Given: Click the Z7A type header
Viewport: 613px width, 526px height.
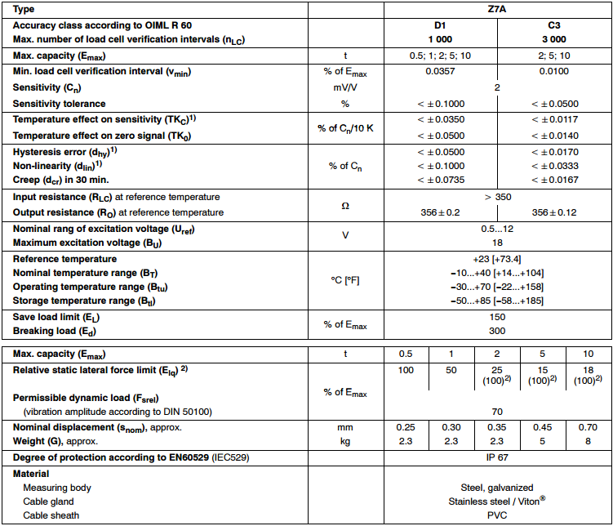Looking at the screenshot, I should click(x=497, y=9).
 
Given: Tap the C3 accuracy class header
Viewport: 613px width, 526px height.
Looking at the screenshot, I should click(x=554, y=26).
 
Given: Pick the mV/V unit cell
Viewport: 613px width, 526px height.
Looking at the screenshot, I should click(x=344, y=87).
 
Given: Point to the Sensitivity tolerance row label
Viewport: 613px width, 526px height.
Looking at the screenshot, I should click(x=60, y=104).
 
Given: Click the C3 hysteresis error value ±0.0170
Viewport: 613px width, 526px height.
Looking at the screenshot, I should click(x=554, y=152).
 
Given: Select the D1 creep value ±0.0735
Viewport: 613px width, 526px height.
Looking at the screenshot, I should click(x=440, y=179).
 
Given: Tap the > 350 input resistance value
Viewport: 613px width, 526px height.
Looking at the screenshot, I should click(x=497, y=197).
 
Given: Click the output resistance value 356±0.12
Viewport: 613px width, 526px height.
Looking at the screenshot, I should click(x=554, y=212).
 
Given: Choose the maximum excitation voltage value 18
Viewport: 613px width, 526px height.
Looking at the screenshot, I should click(x=497, y=243).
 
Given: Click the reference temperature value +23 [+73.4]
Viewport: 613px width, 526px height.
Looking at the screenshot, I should click(x=497, y=259).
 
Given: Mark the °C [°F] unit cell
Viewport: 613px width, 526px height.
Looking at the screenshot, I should click(x=344, y=280).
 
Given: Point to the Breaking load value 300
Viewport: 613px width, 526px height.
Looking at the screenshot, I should click(x=497, y=331).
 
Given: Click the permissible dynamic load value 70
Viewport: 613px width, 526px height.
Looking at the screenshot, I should click(x=497, y=412).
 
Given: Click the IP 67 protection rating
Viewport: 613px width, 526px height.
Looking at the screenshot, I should click(x=497, y=457).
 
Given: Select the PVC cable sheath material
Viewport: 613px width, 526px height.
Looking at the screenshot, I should click(x=497, y=515).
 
